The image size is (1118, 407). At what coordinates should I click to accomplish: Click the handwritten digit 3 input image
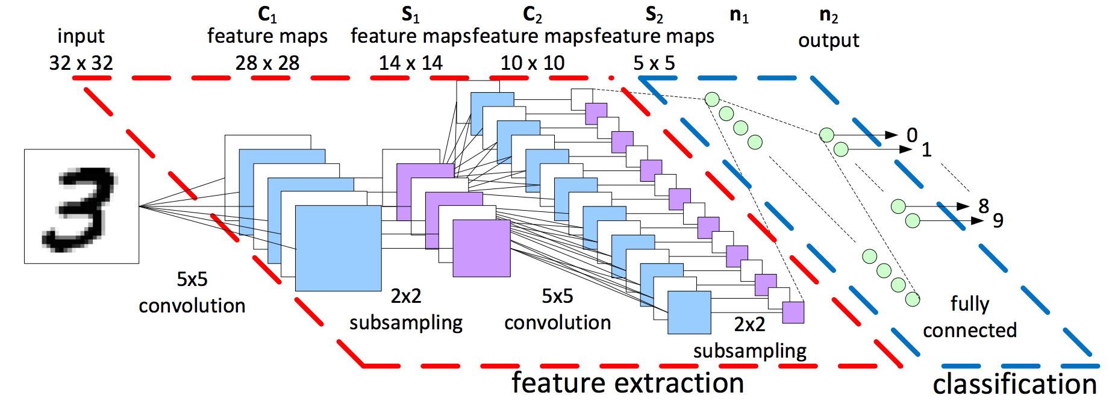(81, 207)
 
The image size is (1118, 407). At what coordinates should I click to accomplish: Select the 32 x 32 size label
(81, 63)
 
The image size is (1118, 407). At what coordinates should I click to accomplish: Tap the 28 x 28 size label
(267, 63)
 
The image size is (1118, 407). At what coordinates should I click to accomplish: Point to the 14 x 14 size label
(410, 63)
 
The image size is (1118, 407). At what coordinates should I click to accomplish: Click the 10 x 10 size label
(532, 63)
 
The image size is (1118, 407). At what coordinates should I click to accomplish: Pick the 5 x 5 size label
(654, 63)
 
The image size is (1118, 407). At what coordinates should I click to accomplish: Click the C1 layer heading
(267, 14)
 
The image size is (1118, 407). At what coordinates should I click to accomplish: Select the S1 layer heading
(410, 14)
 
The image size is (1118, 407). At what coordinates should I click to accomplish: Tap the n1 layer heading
(739, 15)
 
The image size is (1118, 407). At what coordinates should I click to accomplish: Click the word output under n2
(828, 41)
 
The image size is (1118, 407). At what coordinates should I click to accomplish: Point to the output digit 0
(912, 135)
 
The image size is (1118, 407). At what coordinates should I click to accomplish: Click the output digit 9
(998, 220)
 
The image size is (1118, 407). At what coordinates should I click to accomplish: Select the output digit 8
(984, 206)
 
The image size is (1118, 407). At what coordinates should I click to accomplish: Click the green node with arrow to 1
(841, 149)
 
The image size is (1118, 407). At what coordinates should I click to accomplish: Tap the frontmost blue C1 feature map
(338, 248)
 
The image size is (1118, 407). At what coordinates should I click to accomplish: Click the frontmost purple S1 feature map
(481, 248)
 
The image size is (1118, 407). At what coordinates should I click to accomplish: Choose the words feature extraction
(628, 383)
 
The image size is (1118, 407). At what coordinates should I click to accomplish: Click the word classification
(1014, 384)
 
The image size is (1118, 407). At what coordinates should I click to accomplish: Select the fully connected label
(969, 317)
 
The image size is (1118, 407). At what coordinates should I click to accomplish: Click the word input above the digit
(81, 36)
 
